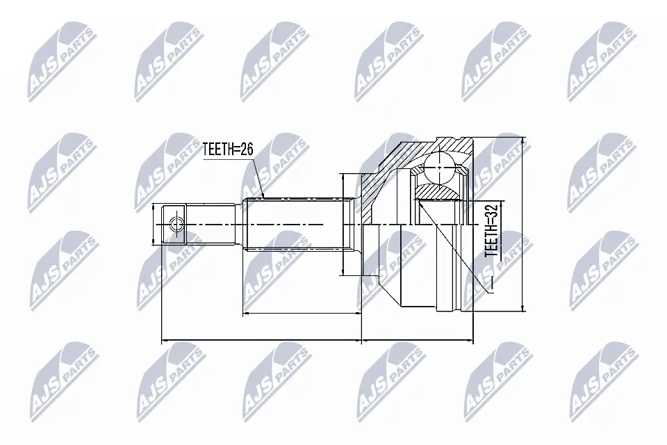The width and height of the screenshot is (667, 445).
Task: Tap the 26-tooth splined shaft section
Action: (x=299, y=224)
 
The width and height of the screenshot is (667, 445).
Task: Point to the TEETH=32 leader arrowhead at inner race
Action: (x=419, y=204)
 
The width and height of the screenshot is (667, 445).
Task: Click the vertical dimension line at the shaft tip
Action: (x=154, y=224)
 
